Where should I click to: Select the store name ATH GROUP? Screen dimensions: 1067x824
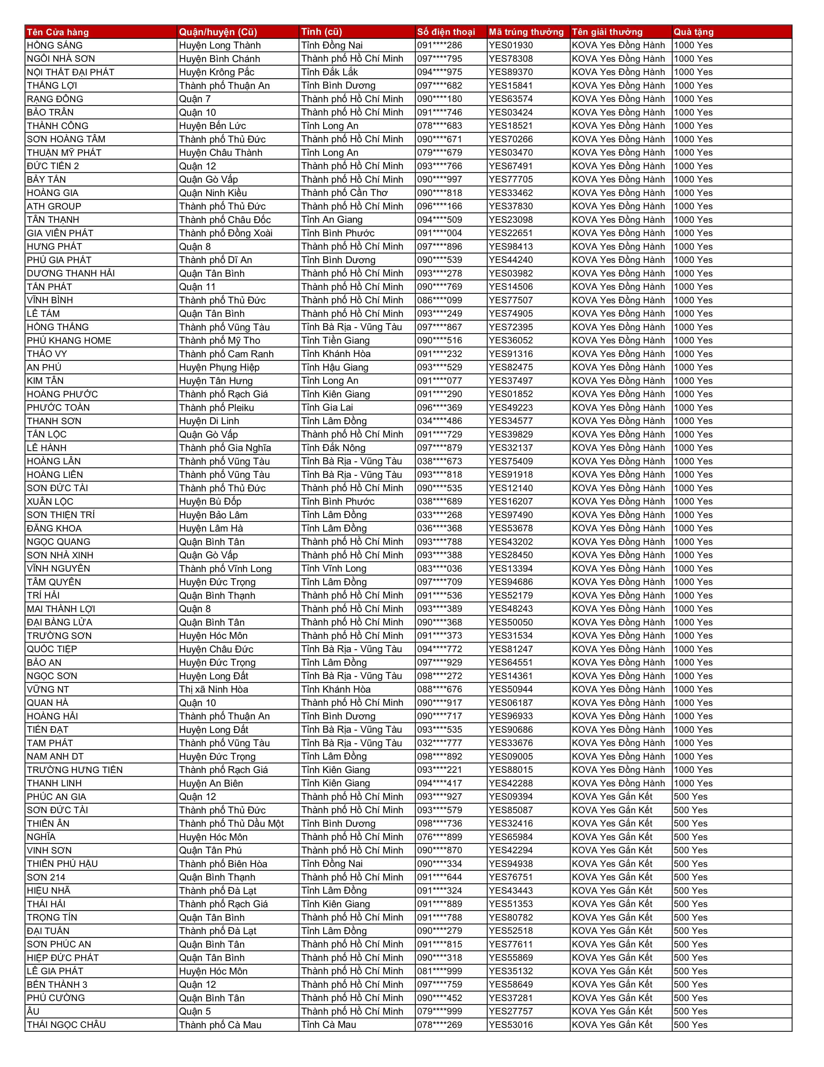tap(54, 206)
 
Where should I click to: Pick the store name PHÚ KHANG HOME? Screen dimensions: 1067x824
tap(69, 340)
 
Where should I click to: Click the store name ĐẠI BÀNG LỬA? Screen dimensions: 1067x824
tap(59, 622)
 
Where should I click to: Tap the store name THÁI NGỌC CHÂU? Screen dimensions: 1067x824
tap(66, 1025)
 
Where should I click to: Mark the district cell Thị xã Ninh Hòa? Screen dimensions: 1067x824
tap(213, 689)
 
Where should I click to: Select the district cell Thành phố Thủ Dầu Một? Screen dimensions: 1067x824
tap(231, 823)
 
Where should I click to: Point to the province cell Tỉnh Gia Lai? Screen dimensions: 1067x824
tap(327, 407)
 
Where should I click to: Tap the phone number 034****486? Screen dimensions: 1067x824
tap(439, 421)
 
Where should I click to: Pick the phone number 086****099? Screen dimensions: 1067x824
tap(439, 300)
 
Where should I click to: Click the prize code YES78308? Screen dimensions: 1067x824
tap(511, 59)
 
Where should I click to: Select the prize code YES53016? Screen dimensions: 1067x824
tap(511, 1025)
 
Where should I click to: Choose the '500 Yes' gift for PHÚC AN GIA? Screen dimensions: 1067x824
tap(690, 796)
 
